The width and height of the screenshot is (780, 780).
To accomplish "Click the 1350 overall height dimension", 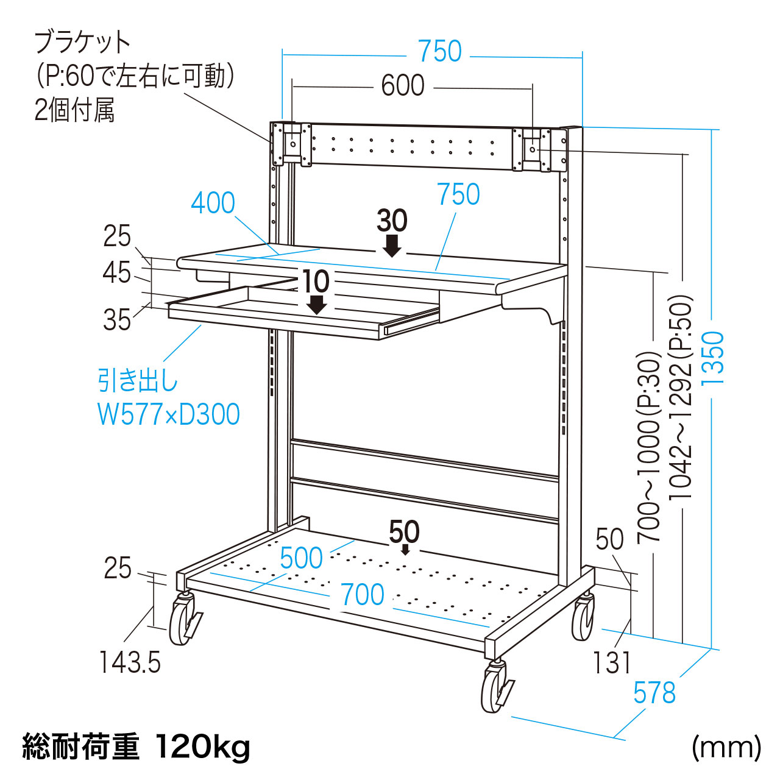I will pyautogui.click(x=712, y=358).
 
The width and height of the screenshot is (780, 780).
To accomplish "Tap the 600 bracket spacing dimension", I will pyautogui.click(x=403, y=86).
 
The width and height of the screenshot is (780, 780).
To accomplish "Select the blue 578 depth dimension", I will pyautogui.click(x=654, y=693).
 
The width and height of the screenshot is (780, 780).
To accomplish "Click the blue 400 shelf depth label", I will pyautogui.click(x=213, y=203).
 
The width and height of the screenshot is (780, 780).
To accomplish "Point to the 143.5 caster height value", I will pyautogui.click(x=130, y=662).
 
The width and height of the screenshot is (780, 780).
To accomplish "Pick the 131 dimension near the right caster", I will pyautogui.click(x=612, y=663).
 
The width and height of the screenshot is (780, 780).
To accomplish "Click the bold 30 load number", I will pyautogui.click(x=392, y=221).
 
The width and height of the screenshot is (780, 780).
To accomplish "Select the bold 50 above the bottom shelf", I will pyautogui.click(x=404, y=532).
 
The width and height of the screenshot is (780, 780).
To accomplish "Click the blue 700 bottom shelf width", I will pyautogui.click(x=362, y=595).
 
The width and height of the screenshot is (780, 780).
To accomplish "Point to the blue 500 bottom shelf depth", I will pyautogui.click(x=301, y=558).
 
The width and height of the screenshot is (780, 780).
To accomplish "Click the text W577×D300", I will pyautogui.click(x=169, y=415).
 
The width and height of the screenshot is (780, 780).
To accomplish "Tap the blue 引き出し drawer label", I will pyautogui.click(x=138, y=381).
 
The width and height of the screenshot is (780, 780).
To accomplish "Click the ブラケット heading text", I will pyautogui.click(x=82, y=43).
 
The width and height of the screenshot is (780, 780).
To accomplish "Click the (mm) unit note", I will pyautogui.click(x=726, y=747).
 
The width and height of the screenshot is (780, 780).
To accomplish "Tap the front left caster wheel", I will pyautogui.click(x=182, y=622).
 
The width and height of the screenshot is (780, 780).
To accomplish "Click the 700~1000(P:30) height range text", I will pyautogui.click(x=649, y=448).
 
